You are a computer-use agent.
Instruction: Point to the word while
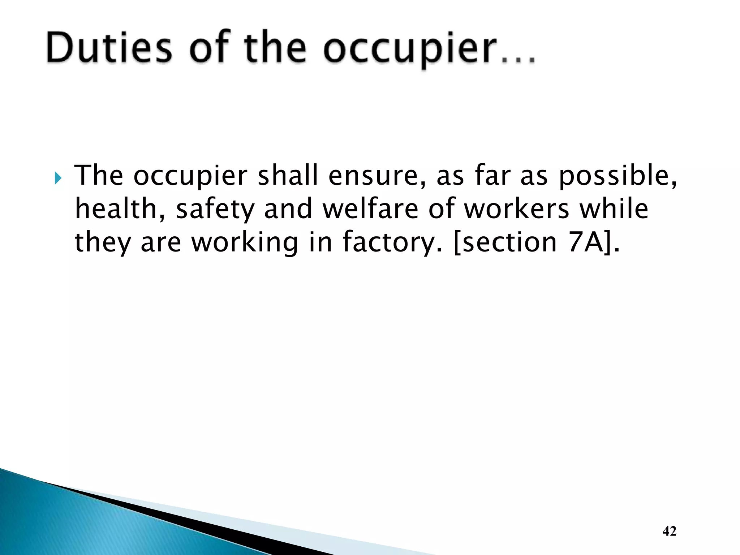tap(614, 209)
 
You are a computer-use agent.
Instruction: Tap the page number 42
tap(670, 531)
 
